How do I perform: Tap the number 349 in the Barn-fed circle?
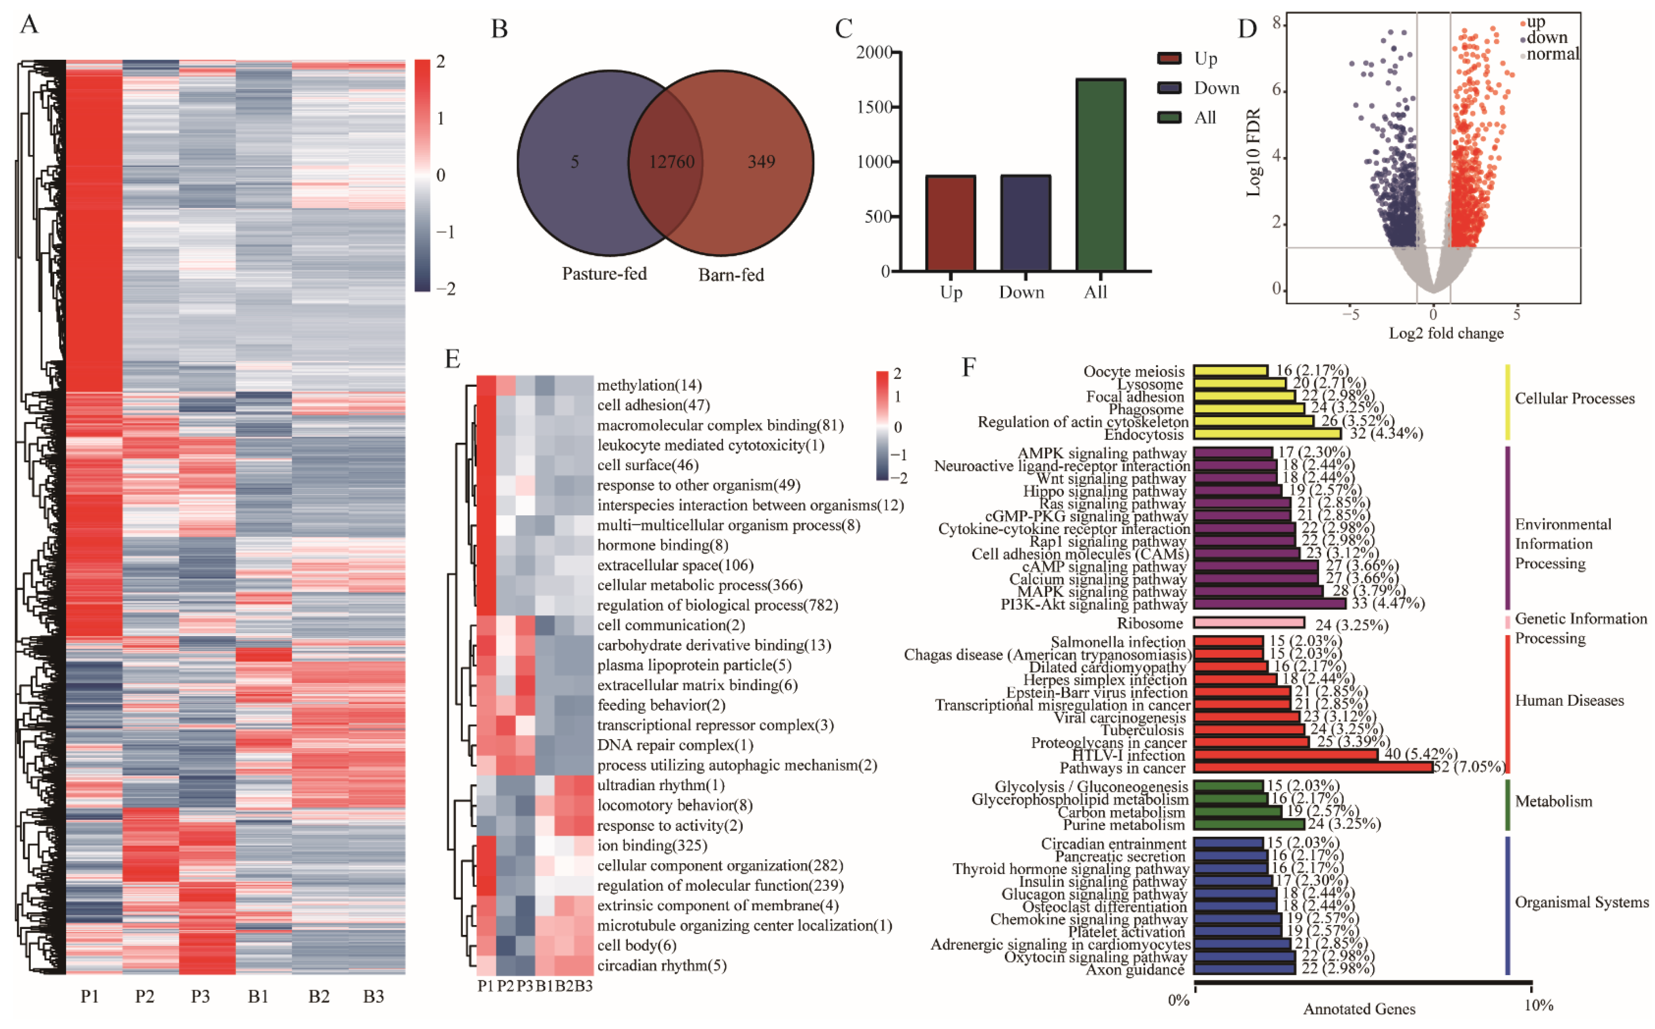pyautogui.click(x=761, y=162)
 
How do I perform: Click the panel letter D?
pyautogui.click(x=1247, y=29)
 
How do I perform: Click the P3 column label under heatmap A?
pyautogui.click(x=200, y=996)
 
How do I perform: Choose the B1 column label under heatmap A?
pyautogui.click(x=258, y=996)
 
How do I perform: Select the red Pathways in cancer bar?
pyautogui.click(x=1313, y=768)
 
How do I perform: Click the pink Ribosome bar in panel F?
pyautogui.click(x=1249, y=623)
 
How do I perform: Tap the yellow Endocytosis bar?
pyautogui.click(x=1267, y=434)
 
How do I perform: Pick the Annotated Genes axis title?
pyautogui.click(x=1358, y=1009)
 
